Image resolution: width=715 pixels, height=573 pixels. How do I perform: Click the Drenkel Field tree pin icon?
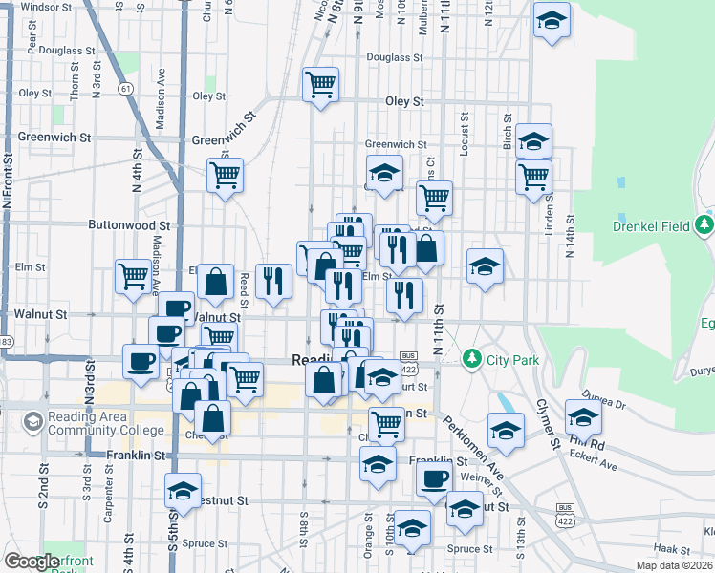point(704,226)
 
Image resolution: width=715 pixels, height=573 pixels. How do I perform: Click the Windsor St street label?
point(47,6)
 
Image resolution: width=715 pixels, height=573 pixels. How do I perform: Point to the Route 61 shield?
point(126,88)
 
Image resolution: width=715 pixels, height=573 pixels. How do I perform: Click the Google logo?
point(32,561)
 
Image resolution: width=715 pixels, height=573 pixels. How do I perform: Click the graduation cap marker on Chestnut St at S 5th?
point(183,490)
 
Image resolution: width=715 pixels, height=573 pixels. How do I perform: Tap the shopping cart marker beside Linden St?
point(533,176)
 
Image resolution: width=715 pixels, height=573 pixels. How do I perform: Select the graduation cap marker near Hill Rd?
point(583,416)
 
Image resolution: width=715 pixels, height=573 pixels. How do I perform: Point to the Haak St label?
point(672,549)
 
